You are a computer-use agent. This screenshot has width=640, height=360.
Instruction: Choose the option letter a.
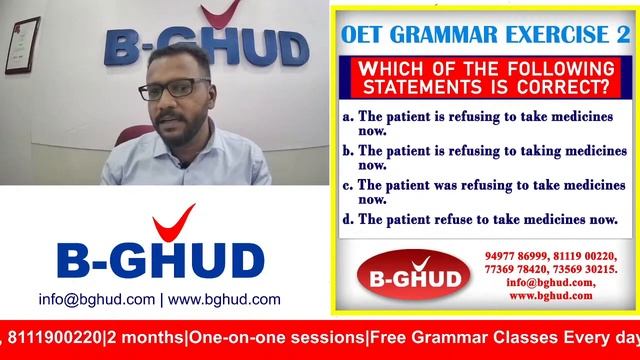coord(347,117)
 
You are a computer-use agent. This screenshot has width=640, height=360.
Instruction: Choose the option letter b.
coord(347,150)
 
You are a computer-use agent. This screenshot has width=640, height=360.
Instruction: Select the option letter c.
coord(347,185)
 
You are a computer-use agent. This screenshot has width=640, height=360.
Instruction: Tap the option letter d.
coord(347,219)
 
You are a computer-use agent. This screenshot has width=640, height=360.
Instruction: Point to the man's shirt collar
coord(196,140)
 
